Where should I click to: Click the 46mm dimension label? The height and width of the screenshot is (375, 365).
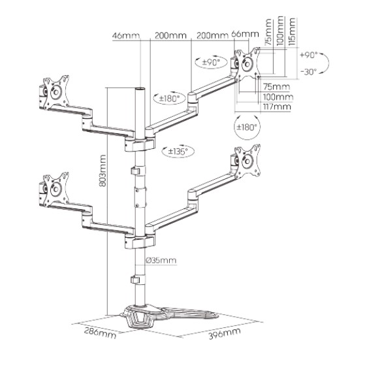126,36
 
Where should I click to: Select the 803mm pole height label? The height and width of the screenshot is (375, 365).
103,171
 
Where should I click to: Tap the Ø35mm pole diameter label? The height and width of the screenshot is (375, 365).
161,260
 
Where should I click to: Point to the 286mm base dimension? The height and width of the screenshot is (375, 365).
100,333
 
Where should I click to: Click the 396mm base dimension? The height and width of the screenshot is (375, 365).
225,333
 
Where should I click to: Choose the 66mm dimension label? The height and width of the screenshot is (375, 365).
245,34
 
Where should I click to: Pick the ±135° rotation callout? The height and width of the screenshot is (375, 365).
178,152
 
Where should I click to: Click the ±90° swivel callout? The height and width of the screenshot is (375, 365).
211,63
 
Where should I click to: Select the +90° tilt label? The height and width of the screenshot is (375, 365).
309,55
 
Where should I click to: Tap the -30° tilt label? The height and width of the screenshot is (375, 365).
309,71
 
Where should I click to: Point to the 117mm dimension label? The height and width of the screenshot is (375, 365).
277,106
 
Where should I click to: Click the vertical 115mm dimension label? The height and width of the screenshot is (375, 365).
292,32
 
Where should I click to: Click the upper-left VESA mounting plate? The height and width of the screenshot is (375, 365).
56,92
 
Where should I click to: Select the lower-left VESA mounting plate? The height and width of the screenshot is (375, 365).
56,189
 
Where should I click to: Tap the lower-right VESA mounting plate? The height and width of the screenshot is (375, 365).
247,161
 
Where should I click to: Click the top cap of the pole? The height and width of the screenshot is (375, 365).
140,89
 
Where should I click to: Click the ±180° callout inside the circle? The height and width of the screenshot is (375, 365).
247,127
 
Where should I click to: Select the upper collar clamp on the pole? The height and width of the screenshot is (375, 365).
140,144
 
